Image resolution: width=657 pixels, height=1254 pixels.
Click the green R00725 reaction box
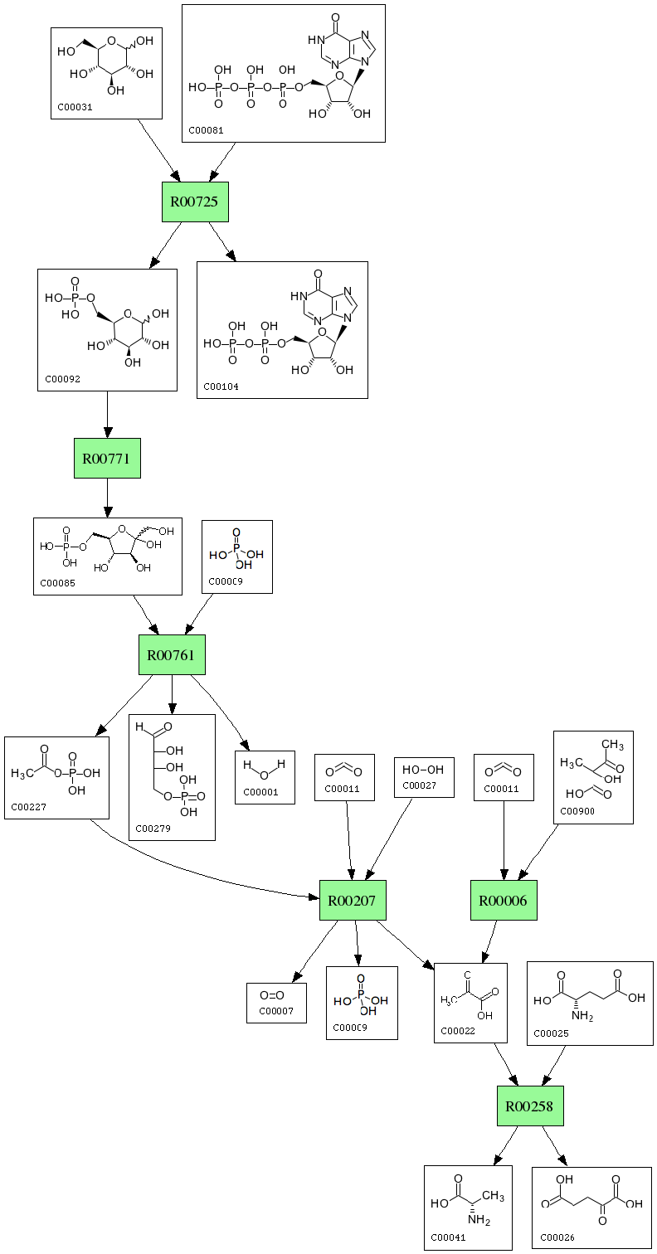[195, 202]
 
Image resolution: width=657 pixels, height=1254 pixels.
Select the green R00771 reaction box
[107, 458]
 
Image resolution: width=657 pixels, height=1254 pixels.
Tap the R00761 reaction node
[171, 655]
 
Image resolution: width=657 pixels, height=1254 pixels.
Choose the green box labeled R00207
[353, 900]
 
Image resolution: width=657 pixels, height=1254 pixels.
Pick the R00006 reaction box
[504, 900]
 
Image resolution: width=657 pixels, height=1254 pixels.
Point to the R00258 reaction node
[530, 1106]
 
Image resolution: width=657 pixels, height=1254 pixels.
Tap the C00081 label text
[206, 130]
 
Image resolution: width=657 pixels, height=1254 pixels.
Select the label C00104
[221, 386]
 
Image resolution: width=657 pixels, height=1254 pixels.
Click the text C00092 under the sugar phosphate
[63, 379]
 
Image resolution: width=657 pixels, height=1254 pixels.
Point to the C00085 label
[58, 582]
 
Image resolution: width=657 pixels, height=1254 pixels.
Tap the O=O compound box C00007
[276, 1002]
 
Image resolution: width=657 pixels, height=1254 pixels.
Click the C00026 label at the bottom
[557, 1237]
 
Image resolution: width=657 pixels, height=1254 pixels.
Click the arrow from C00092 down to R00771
[107, 415]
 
